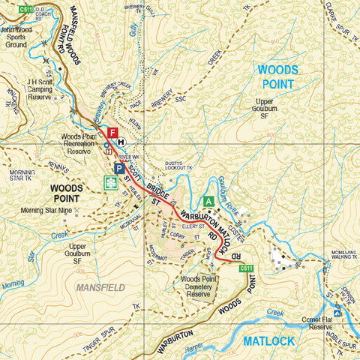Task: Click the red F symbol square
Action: coord(112,133)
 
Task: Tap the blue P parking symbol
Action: coord(119,169)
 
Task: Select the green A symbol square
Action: coord(209,201)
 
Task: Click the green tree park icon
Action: coord(110,182)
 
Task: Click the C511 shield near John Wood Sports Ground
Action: coord(26,9)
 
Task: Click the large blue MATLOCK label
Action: coord(268,341)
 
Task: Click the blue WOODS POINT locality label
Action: coord(277,76)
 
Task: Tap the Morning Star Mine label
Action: coord(51,211)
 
